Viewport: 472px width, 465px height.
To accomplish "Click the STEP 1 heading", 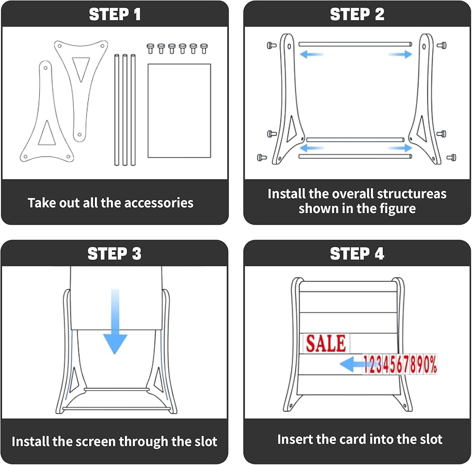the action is coord(115,14).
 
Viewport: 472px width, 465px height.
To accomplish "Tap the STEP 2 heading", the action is coord(357,14).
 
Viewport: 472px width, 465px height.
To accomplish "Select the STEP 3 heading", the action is coord(114,253).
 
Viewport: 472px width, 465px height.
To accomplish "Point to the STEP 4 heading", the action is coord(357,253).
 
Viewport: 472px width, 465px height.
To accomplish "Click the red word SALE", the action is coord(326,343).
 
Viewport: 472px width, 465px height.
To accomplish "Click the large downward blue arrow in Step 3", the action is coord(115,321).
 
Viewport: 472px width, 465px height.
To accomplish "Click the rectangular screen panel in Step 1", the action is coord(179,110).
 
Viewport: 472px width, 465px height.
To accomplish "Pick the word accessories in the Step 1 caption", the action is coord(159,203).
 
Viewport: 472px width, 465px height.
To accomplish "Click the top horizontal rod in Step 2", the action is coord(355,44).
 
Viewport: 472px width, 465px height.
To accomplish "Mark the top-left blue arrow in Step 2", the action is coord(311,54).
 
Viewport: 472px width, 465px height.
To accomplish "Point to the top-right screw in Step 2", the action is coord(442,45).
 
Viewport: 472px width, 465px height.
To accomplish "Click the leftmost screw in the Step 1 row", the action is coord(150,49).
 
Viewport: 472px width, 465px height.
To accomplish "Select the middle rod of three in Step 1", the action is coord(125,110).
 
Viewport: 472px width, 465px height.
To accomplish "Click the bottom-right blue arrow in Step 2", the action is coord(400,148).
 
